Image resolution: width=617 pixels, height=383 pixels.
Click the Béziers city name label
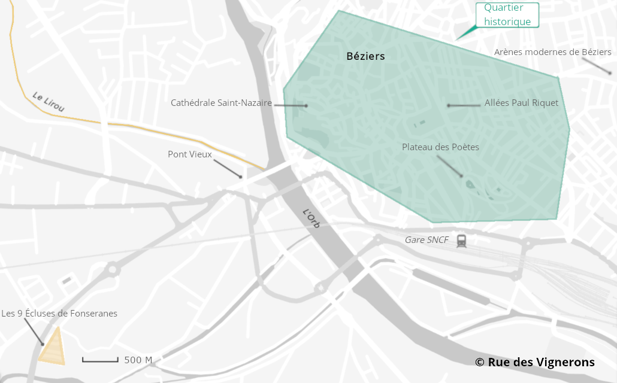click(365, 56)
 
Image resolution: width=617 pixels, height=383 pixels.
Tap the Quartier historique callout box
click(507, 15)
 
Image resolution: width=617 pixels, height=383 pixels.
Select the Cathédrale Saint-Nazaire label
click(221, 103)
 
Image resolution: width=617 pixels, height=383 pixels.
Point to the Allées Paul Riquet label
click(521, 103)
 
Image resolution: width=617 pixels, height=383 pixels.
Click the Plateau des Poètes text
click(440, 147)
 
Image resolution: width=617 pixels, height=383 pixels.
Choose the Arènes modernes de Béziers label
click(552, 52)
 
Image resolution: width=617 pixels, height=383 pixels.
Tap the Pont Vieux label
click(189, 154)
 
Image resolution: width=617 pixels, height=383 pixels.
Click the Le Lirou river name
click(48, 102)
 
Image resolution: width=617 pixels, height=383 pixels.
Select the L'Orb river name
click(311, 218)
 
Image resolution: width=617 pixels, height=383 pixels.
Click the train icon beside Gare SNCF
click(461, 241)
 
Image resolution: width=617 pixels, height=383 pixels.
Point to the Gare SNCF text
click(427, 240)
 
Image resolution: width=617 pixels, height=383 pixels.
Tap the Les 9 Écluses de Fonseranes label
click(59, 313)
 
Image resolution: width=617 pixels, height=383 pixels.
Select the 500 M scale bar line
click(100, 360)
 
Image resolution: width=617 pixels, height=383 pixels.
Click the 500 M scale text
click(138, 360)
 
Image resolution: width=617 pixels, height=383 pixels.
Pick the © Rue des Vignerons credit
click(534, 362)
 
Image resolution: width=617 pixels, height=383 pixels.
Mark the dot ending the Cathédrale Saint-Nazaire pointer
click(306, 105)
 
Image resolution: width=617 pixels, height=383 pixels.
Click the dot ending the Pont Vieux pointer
click(240, 177)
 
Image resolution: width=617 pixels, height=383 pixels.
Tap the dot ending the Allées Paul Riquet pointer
click(447, 105)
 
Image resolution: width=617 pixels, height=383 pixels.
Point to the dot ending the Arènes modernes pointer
click(610, 74)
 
